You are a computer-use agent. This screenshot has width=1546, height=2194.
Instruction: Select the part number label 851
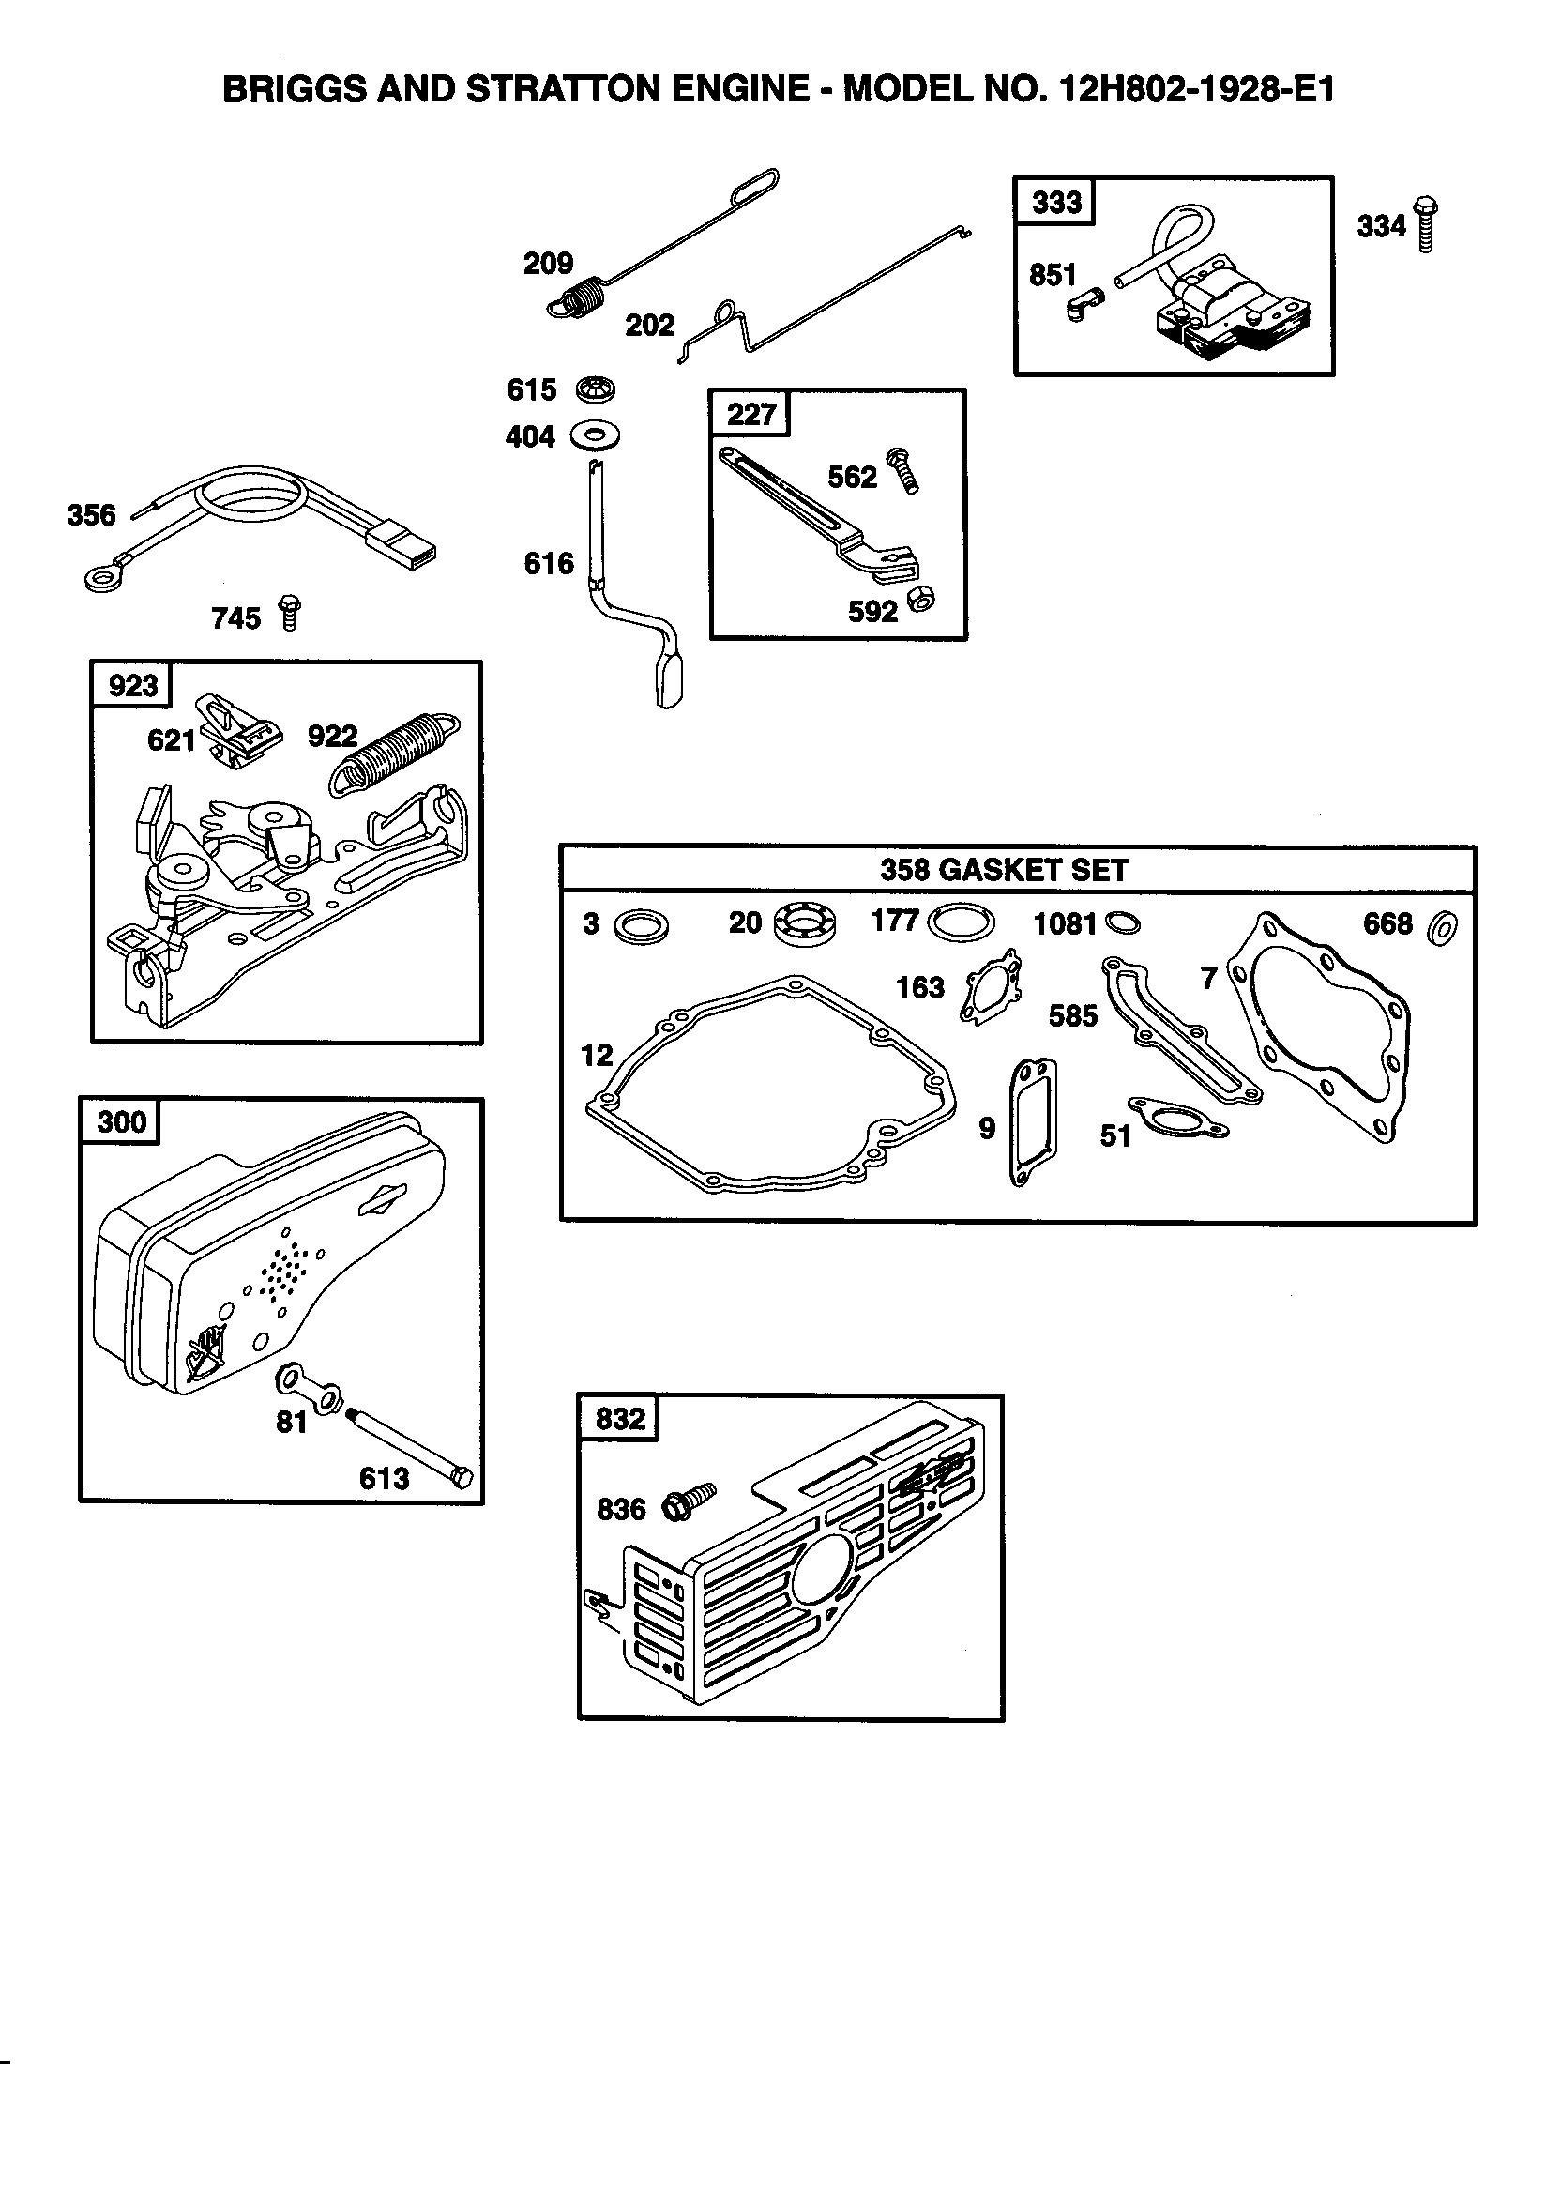tap(1052, 275)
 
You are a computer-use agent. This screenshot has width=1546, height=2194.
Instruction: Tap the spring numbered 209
tap(579, 295)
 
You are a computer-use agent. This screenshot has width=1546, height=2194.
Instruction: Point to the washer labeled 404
tap(595, 436)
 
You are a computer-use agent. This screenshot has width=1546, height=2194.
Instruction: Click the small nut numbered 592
tap(921, 599)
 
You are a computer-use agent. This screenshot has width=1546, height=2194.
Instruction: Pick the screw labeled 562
tap(903, 471)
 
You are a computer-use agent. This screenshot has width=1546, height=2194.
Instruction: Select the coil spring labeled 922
tap(394, 754)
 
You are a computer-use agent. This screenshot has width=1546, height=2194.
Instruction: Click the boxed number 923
tap(133, 685)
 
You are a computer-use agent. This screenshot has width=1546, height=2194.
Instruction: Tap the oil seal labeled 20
tap(804, 924)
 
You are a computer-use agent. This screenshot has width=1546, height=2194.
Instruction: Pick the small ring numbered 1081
tap(1122, 923)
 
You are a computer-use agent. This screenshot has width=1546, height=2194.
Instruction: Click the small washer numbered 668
tap(1442, 927)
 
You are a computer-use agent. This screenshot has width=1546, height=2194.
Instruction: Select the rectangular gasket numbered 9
tap(1033, 1121)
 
